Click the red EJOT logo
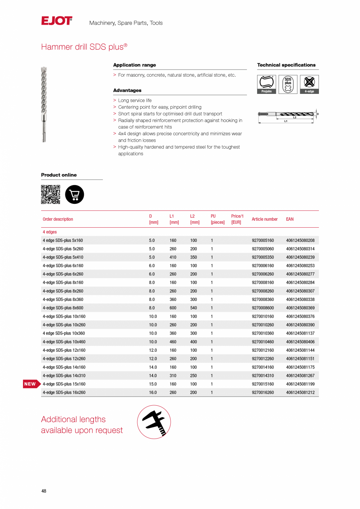point(57,21)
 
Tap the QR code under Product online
point(50,194)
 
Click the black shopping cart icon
point(74,194)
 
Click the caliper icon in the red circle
point(154,422)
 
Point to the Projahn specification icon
point(266,84)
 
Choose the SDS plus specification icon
point(288,84)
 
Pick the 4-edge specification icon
point(309,84)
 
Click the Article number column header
point(265,219)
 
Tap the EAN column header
point(290,219)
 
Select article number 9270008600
point(263,308)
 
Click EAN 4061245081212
point(300,392)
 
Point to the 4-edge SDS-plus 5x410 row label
point(63,257)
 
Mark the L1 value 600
point(173,308)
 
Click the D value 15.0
point(153,384)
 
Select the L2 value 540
point(193,308)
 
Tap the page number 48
point(44,491)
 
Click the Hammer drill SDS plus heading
point(84,47)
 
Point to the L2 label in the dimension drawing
point(295,117)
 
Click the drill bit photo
point(44,104)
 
